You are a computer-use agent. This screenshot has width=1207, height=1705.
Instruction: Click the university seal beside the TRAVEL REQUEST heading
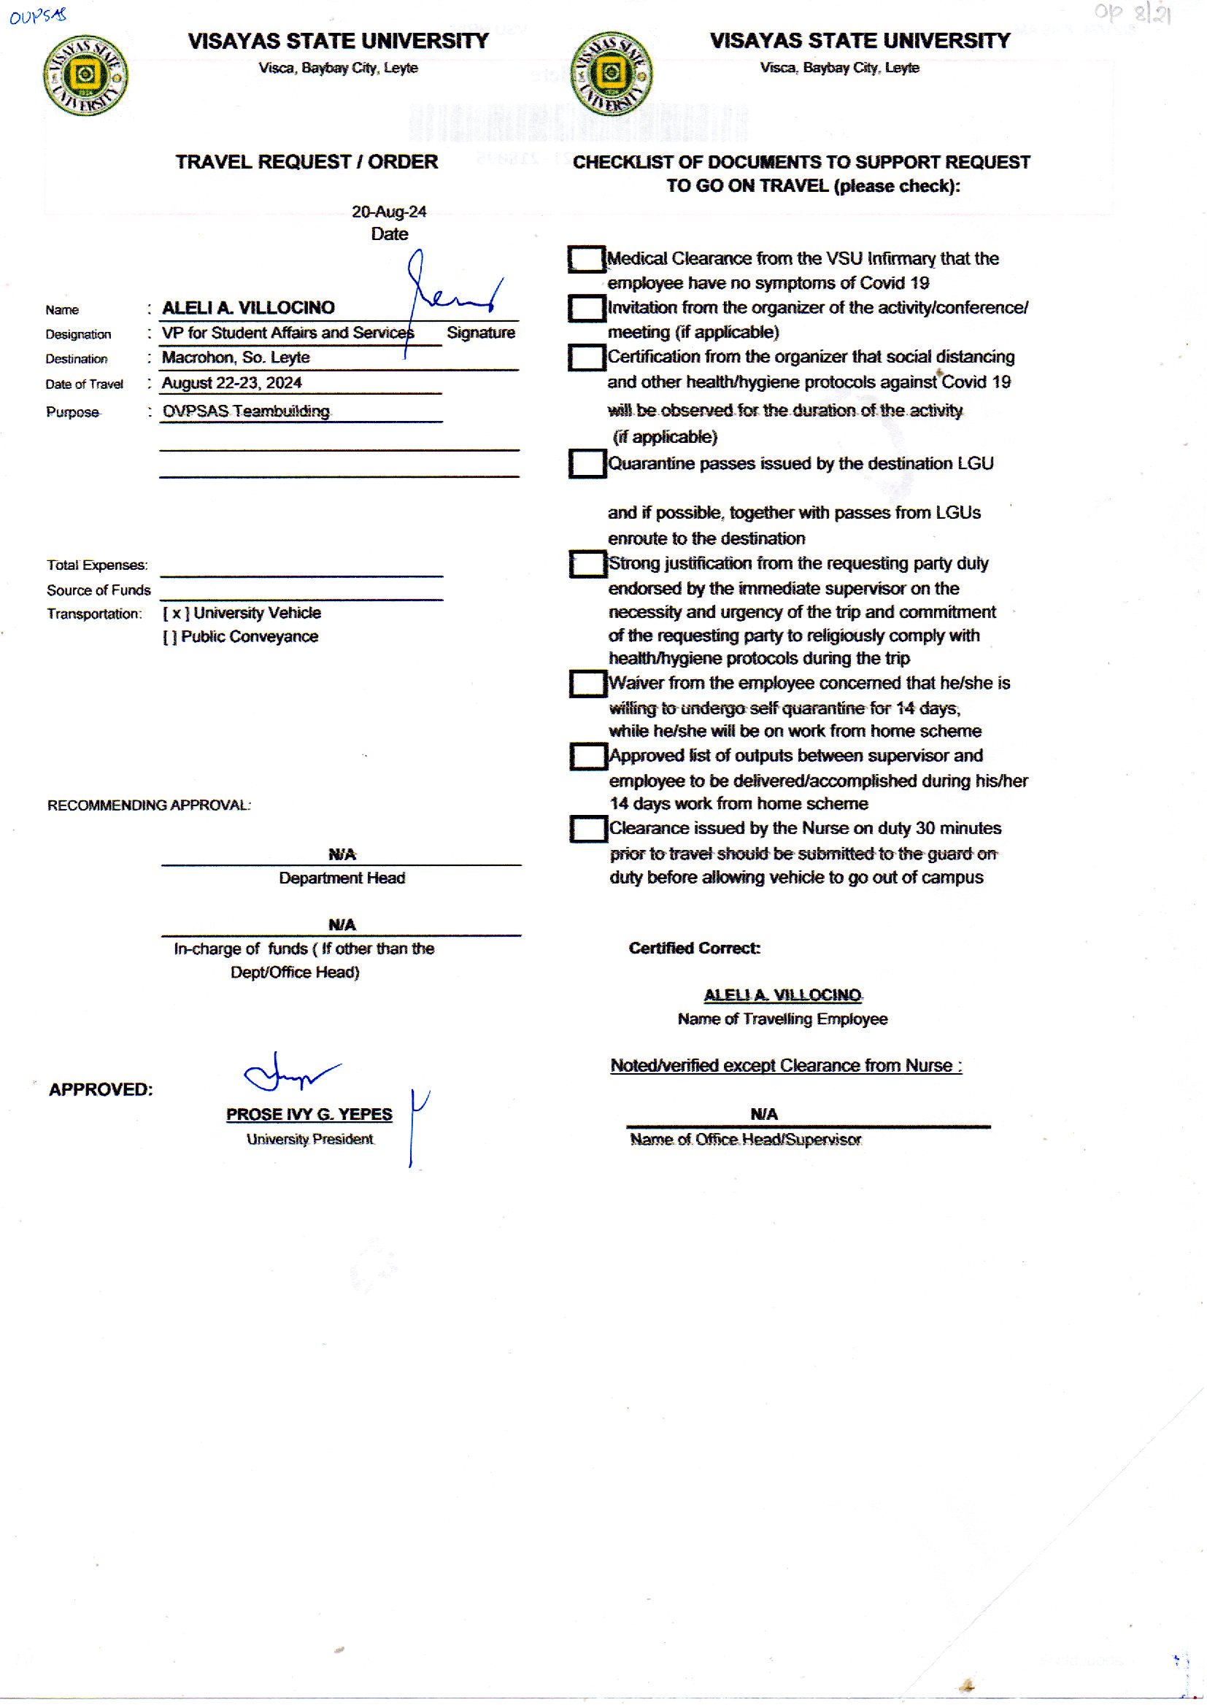85,75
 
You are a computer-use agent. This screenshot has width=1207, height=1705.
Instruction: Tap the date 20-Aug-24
389,212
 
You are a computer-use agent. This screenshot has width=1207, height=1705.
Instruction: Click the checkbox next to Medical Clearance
587,259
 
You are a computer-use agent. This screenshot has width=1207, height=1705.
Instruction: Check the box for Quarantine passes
587,463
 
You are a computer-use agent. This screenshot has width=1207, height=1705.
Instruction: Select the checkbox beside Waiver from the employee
588,684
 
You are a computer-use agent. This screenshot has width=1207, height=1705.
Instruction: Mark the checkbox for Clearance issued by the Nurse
589,829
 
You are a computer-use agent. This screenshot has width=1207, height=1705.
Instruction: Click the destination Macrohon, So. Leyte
236,357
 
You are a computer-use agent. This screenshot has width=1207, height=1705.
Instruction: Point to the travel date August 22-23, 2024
232,382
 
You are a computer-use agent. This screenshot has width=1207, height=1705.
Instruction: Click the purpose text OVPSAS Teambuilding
246,411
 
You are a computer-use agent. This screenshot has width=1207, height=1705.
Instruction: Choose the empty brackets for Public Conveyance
169,637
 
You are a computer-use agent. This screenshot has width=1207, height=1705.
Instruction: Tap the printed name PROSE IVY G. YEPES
309,1114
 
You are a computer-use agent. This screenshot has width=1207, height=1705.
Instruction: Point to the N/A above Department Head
342,854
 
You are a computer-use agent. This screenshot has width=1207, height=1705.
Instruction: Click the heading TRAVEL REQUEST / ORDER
306,162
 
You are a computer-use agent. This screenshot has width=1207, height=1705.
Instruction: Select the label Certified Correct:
694,948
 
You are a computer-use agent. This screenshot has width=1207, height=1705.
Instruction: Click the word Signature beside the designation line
481,333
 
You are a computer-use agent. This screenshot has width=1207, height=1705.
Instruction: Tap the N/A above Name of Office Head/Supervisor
764,1114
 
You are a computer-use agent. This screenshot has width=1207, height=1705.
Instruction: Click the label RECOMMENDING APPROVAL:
149,805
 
